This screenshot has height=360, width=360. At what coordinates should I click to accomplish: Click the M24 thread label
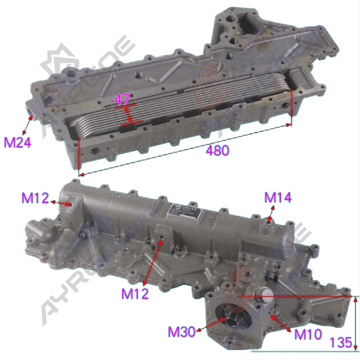18,143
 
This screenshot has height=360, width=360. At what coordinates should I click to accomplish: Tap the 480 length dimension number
217,150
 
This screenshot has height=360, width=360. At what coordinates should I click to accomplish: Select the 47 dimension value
123,99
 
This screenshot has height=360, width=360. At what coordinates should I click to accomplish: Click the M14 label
278,197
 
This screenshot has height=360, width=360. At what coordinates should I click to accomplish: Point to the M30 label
182,331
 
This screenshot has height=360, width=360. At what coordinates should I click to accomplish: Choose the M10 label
308,334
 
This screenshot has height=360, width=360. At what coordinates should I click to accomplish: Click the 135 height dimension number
341,342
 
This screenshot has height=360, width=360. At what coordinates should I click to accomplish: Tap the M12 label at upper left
35,197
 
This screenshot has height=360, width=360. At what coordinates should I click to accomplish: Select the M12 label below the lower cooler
135,293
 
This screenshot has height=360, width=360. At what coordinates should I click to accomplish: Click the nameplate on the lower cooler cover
187,210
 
